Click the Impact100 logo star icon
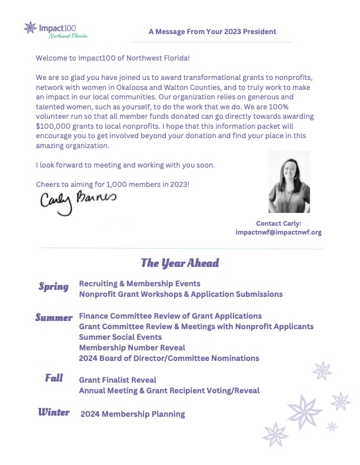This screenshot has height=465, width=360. [x=30, y=27]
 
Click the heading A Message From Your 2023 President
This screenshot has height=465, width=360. [x=212, y=31]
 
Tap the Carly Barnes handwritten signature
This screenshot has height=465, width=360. [x=78, y=200]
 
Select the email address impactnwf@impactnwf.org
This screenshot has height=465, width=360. [x=278, y=232]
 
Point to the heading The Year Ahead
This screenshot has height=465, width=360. [x=179, y=263]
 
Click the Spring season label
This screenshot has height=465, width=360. [x=54, y=287]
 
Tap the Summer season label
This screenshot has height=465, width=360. [x=54, y=318]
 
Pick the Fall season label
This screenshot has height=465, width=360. [x=54, y=378]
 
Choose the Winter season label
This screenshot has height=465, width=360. [x=54, y=412]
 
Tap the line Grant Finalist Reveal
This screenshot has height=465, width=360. [x=118, y=380]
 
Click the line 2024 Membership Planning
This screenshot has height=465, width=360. [x=133, y=414]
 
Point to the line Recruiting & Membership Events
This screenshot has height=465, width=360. [x=139, y=283]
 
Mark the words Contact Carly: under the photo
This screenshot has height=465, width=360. [x=278, y=223]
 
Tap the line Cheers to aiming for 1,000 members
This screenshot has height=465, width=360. [x=113, y=185]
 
